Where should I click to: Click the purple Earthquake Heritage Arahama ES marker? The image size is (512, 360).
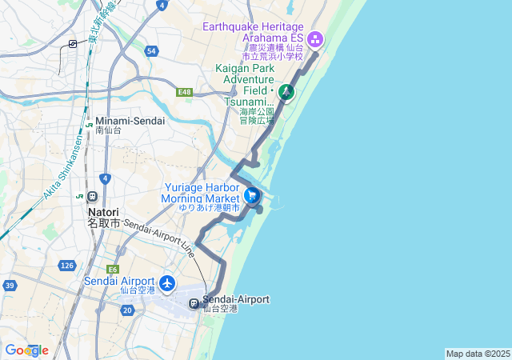[315, 38]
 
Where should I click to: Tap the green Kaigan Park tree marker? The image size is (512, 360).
[286, 92]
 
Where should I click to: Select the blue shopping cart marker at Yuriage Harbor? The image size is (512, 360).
[252, 194]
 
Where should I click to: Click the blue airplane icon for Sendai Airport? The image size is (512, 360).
[167, 282]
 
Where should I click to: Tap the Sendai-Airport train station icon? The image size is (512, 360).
[194, 303]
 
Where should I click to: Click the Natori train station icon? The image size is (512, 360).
[93, 197]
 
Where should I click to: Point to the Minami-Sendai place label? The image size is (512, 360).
[130, 120]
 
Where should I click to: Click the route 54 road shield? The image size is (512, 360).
[151, 51]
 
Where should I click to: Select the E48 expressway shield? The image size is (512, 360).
[186, 93]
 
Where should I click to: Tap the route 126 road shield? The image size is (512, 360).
[67, 266]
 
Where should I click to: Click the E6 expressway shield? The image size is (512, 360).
[113, 270]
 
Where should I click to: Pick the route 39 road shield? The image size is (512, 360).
[10, 285]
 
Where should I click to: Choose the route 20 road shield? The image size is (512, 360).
[128, 310]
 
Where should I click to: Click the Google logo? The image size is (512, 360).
[26, 350]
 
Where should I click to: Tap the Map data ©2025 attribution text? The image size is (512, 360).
[478, 354]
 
